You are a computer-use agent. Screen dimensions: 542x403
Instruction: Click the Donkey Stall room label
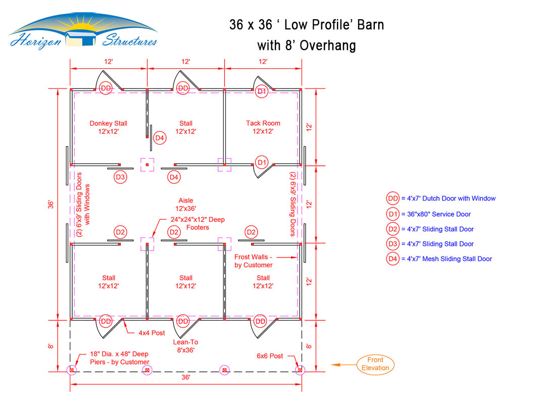[108, 127]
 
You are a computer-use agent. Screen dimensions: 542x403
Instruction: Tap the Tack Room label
[263, 127]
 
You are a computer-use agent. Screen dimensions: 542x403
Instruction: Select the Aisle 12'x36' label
[185, 204]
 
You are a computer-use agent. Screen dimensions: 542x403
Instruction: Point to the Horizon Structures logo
[83, 32]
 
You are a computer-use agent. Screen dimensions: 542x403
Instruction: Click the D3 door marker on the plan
[120, 177]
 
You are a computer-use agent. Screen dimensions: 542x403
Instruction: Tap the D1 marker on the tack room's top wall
[262, 91]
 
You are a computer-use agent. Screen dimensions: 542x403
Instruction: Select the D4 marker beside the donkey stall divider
[160, 138]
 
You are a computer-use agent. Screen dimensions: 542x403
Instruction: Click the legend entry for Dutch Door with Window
[440, 198]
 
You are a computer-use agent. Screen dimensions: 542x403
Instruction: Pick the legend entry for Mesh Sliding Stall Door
[439, 259]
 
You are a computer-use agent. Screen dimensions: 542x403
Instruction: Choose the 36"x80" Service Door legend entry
[428, 214]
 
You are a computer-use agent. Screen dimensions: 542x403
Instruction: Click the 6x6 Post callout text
[270, 356]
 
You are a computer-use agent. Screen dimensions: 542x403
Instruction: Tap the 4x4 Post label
[152, 333]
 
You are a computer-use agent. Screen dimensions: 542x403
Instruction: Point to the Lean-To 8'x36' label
[185, 346]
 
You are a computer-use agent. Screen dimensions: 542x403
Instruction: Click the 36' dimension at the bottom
[185, 377]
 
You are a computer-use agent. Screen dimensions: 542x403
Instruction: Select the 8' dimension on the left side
[51, 346]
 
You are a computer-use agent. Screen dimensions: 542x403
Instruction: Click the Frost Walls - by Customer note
[254, 261]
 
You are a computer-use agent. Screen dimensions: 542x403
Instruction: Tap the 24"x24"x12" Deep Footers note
[198, 223]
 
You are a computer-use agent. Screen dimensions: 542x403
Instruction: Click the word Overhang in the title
[328, 45]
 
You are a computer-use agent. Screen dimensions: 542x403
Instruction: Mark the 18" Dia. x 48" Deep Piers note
[120, 358]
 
